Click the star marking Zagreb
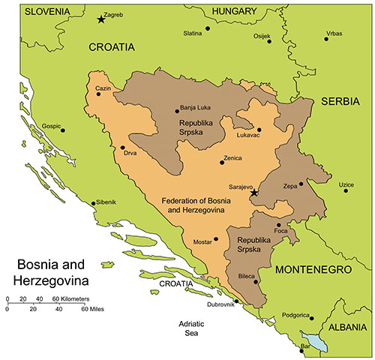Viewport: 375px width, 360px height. point(101,19)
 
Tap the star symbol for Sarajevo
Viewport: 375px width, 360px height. point(253,193)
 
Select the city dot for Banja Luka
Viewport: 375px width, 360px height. point(176,111)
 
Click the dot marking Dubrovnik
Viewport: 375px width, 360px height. point(237,301)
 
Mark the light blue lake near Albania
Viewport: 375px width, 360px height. point(318,343)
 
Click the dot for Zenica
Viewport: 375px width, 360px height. point(221,162)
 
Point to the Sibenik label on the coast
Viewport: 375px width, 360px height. point(104,202)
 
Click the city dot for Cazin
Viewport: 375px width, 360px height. point(98,94)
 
